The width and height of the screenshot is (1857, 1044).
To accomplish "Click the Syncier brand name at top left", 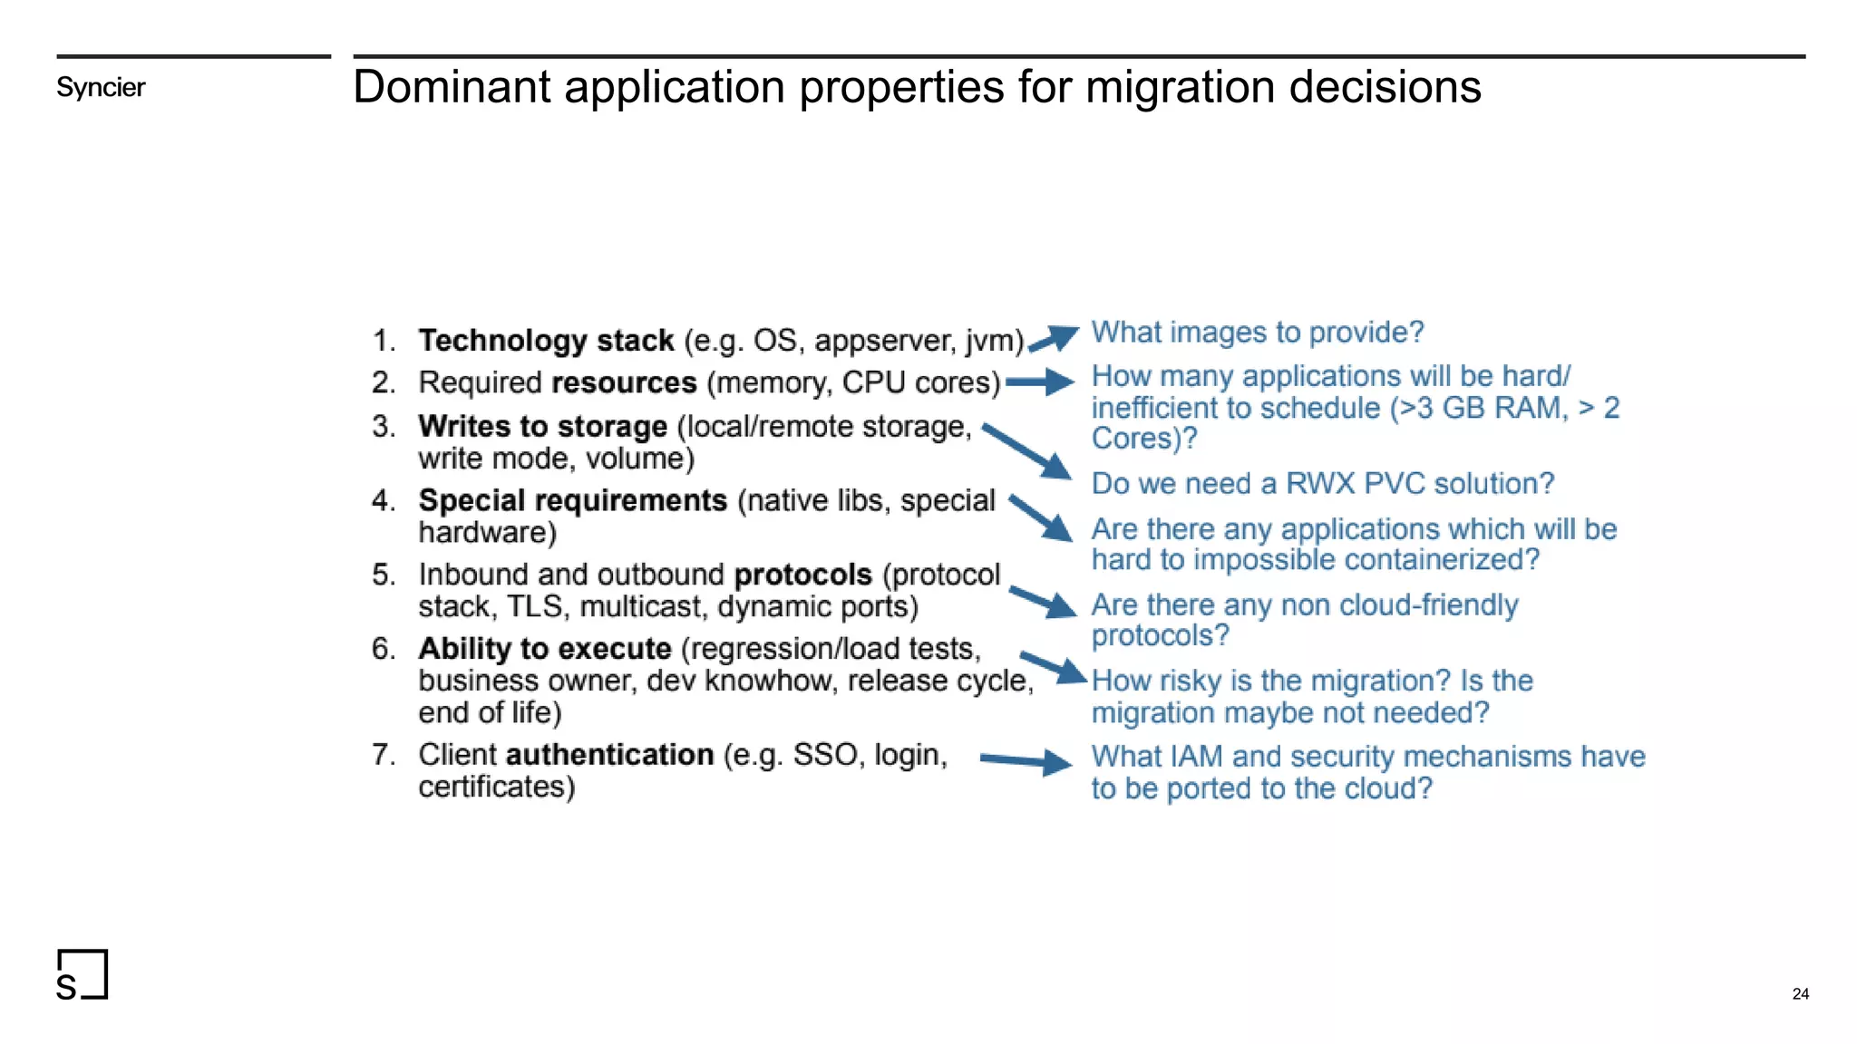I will point(101,87).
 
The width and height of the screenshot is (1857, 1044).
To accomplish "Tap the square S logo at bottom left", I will point(82,974).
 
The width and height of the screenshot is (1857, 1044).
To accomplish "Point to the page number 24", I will point(1800,993).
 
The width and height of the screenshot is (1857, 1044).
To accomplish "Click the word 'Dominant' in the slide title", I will point(451,87).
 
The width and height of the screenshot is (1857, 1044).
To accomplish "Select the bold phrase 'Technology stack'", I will point(546,341).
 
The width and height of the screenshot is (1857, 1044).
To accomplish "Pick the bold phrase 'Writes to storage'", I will point(542,426).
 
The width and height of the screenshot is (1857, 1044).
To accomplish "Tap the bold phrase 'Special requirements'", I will point(572,500).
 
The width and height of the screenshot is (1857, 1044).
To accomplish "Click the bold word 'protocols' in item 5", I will point(802,575).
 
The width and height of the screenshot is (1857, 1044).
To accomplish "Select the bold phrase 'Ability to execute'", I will point(544,649).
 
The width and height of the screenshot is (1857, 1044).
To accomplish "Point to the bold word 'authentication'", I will point(609,754).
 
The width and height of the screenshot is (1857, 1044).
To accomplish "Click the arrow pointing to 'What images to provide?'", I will point(1054,339).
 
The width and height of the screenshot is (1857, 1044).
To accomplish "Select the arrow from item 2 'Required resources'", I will point(1039,382).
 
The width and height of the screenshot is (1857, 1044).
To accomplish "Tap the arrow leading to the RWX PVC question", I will point(1027,450).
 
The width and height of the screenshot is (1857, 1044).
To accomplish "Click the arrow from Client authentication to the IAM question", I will point(1026,761).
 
